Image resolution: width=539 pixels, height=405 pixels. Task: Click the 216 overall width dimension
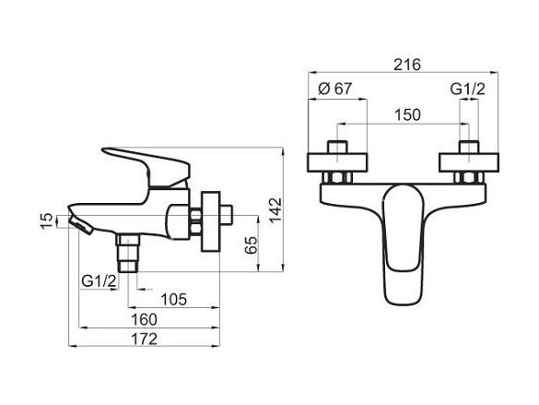coord(407,65)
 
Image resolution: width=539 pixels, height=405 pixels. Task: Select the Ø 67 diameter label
coord(335,89)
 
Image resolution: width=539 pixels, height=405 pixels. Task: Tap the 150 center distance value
coord(407,115)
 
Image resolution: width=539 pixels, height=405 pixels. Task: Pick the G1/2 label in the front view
coord(467,89)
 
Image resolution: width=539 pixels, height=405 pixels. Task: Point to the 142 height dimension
coord(275,211)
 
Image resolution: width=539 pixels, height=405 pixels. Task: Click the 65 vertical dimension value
coord(252,245)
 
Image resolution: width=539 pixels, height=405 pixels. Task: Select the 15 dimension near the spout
coord(47,221)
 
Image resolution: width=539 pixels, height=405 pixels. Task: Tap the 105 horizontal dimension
coord(174,299)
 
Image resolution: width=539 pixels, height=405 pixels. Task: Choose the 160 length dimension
coord(145,320)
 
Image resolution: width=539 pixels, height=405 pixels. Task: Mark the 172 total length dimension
coord(145,339)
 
